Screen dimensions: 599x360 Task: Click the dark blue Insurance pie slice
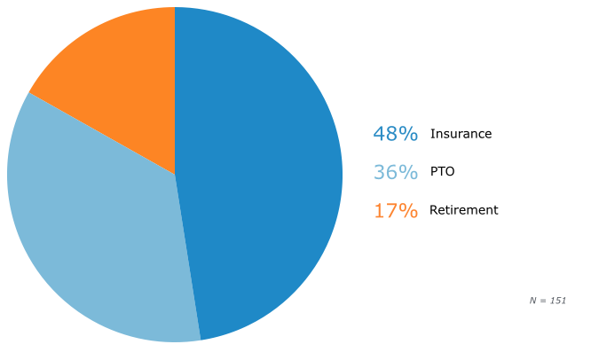260,172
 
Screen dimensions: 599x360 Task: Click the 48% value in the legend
396,134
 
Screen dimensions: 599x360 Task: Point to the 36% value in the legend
396,172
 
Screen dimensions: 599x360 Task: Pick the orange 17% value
396,210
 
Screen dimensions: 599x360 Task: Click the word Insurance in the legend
461,134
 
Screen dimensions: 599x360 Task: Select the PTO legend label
443,171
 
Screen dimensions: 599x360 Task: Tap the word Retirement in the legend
464,210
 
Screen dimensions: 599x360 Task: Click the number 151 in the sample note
558,301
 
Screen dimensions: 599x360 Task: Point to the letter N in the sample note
533,301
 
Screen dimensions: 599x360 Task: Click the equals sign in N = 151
543,301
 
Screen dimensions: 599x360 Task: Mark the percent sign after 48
409,134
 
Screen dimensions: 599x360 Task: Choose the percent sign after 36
409,172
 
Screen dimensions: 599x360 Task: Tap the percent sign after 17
409,210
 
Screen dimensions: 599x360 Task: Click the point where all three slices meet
175,175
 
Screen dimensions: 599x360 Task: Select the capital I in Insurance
432,134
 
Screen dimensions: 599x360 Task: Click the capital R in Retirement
434,210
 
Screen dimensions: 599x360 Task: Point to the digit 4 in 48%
379,134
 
